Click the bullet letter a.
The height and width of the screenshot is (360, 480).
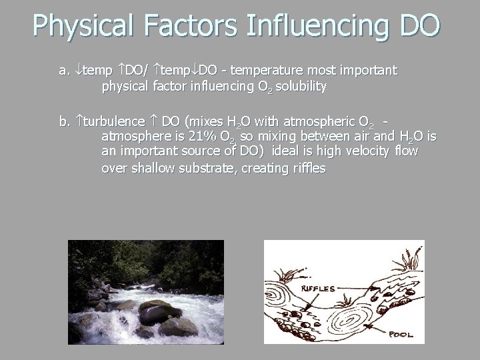(64, 70)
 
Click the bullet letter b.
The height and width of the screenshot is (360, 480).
(64, 121)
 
